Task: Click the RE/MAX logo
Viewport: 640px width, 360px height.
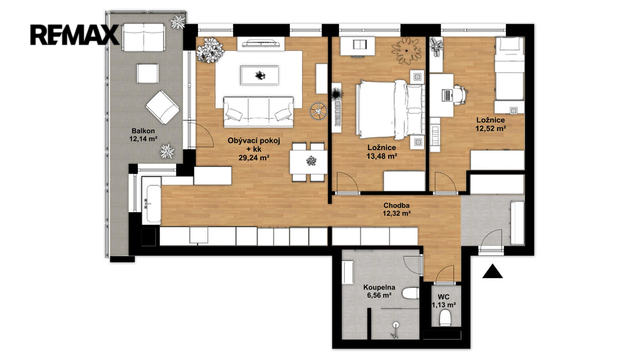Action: click(x=75, y=35)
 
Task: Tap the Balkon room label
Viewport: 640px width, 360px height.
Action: click(x=143, y=131)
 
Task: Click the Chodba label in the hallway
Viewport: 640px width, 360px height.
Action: click(x=396, y=206)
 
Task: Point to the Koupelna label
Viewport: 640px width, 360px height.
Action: click(x=379, y=287)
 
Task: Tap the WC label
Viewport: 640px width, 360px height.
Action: click(x=443, y=297)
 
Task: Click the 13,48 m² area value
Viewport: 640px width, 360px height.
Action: click(x=382, y=156)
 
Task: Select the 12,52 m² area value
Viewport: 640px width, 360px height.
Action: click(x=491, y=128)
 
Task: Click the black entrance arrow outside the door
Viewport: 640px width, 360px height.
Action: click(x=493, y=271)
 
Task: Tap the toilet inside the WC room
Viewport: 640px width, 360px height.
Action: click(x=445, y=318)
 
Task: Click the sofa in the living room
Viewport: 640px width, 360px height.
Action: click(x=259, y=111)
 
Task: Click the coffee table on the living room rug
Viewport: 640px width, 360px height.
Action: click(x=260, y=76)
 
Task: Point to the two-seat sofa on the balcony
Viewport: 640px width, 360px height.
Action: click(x=144, y=37)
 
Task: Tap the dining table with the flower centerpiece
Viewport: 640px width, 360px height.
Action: click(x=309, y=162)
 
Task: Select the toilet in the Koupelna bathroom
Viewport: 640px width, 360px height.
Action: click(x=410, y=293)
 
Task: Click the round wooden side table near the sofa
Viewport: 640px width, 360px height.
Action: click(x=317, y=111)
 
